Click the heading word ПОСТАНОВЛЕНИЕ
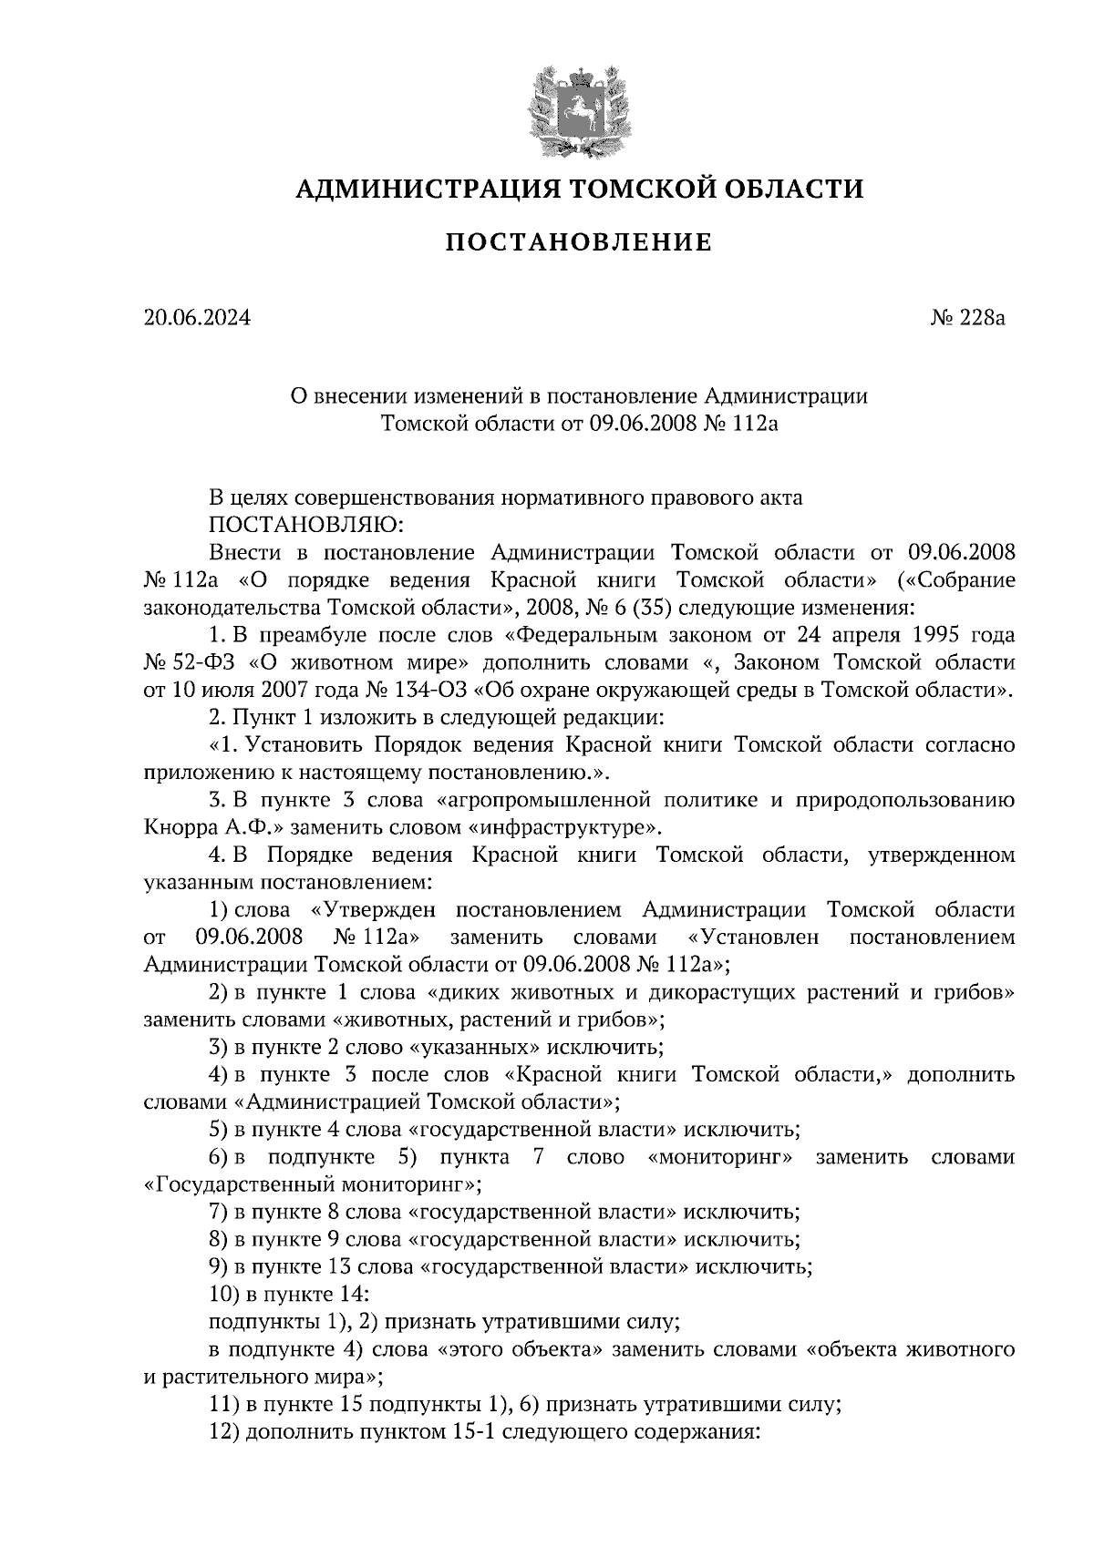pyautogui.click(x=578, y=243)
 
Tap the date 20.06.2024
pyautogui.click(x=196, y=318)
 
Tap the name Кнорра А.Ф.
pyautogui.click(x=195, y=828)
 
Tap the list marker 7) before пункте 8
pyautogui.click(x=217, y=1213)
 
